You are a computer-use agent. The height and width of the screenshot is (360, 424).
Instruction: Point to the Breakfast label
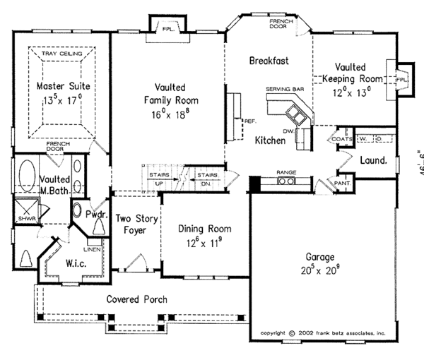tap(269, 61)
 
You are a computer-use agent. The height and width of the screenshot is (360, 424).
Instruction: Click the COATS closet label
tap(339, 139)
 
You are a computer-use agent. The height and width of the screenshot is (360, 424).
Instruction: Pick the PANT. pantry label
tap(343, 183)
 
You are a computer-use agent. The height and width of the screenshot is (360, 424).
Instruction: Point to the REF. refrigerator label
tap(249, 121)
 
